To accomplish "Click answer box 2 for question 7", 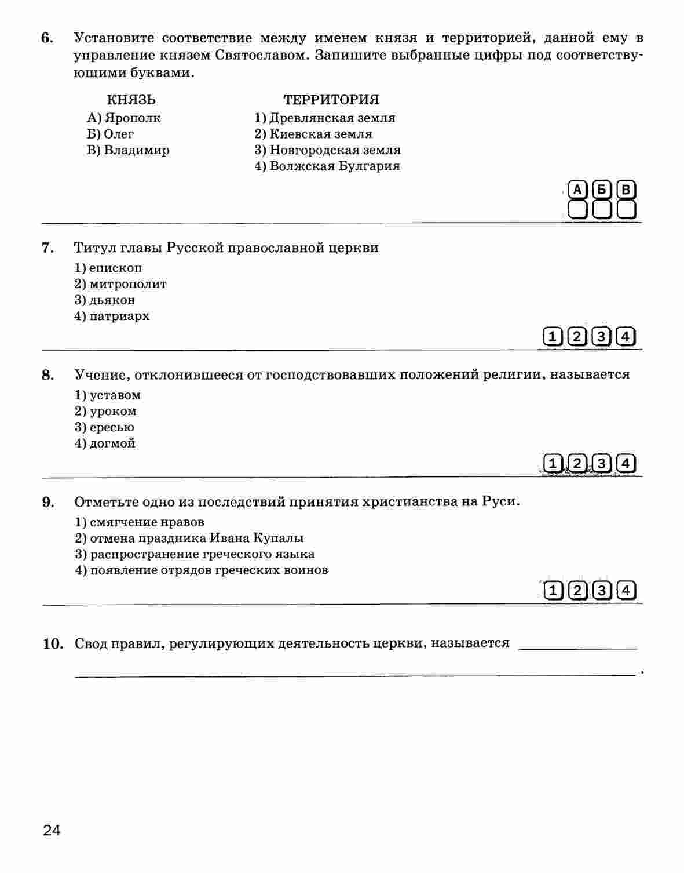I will (x=577, y=336).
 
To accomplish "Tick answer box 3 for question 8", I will (x=602, y=463).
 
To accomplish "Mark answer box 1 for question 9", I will (x=554, y=590).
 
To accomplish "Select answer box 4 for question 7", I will (x=626, y=336).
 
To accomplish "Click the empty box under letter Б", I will (x=602, y=209).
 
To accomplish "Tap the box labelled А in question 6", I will (x=577, y=190).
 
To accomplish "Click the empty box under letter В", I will (x=626, y=209).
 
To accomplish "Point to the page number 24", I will (x=52, y=830).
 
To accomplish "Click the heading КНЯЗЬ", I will (x=131, y=100).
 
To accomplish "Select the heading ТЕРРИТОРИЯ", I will (x=331, y=100).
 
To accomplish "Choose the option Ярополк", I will (x=132, y=118).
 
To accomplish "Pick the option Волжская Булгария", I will (x=334, y=166).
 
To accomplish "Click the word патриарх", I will (x=119, y=317).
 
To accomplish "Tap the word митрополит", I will (x=127, y=284).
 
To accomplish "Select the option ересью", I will (x=112, y=427).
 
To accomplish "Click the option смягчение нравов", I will (x=147, y=522).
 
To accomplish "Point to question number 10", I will (x=53, y=643).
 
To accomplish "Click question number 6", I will (x=47, y=38).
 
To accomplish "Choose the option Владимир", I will (x=137, y=150).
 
